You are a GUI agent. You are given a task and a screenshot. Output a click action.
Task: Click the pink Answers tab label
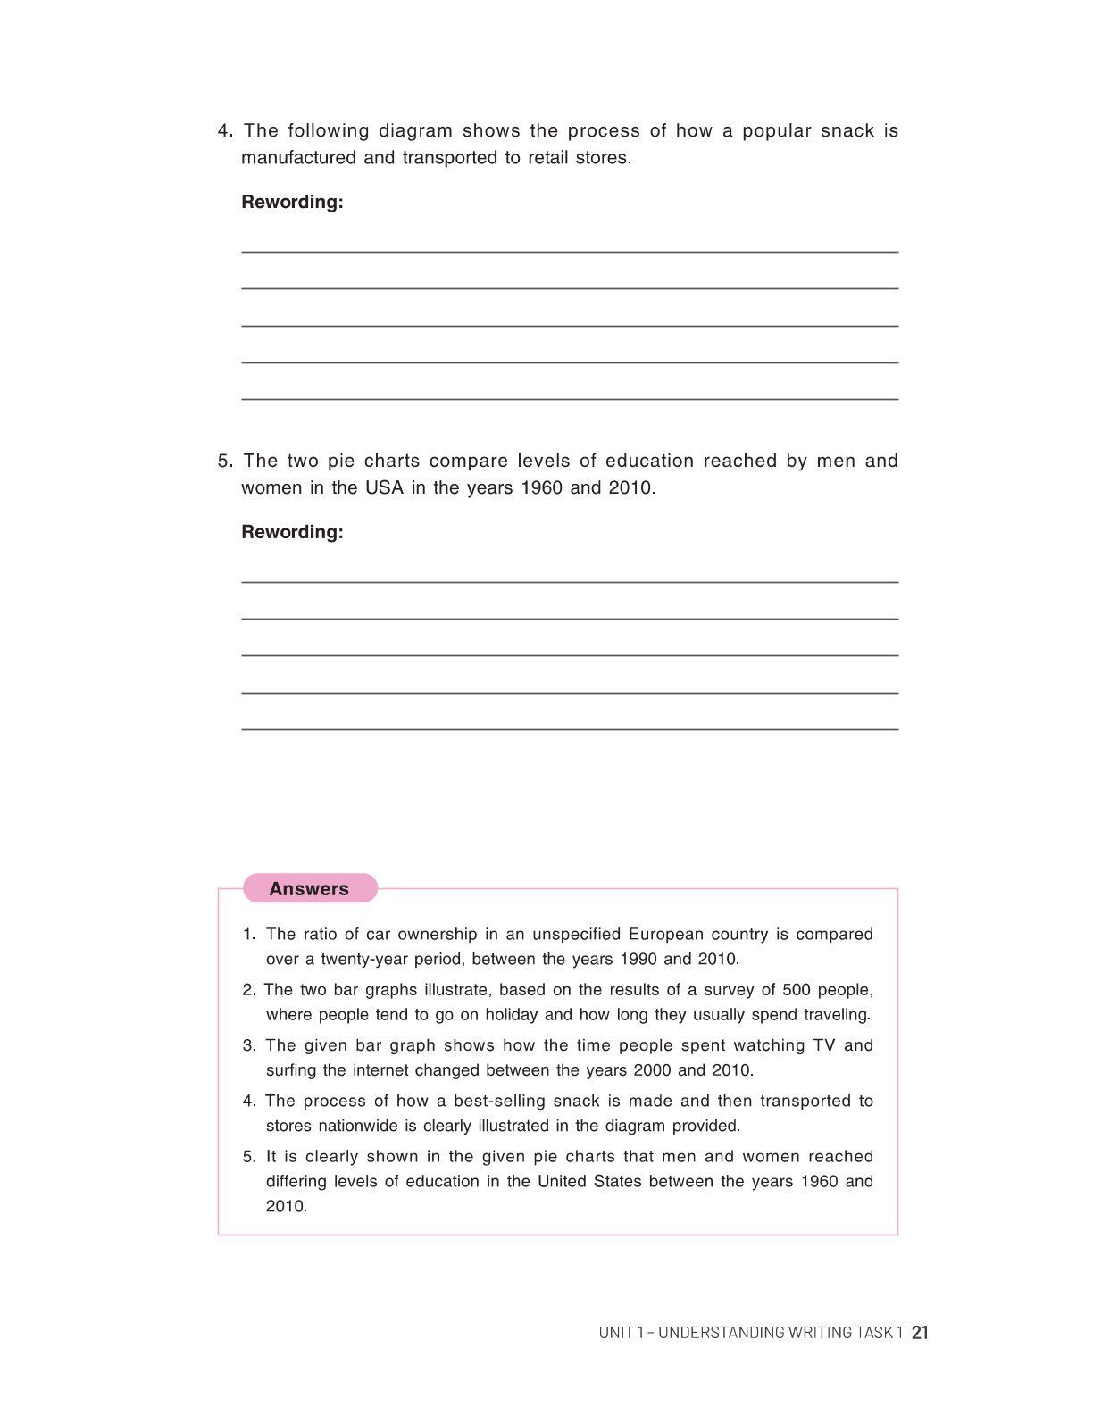(309, 888)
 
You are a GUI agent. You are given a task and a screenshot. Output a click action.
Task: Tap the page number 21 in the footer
(921, 1332)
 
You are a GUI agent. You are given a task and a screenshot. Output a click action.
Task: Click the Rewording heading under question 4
(292, 202)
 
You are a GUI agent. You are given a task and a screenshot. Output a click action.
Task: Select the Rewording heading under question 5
(292, 532)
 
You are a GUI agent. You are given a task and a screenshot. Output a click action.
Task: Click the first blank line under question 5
(570, 581)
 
